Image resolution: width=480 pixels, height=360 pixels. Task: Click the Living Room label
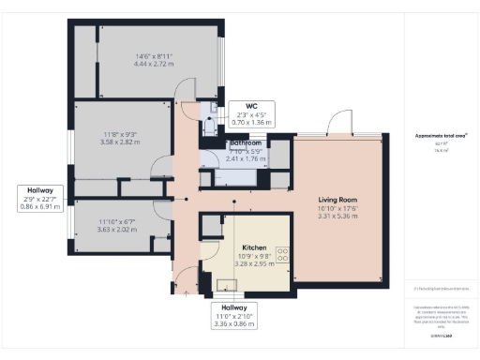pyautogui.click(x=334, y=199)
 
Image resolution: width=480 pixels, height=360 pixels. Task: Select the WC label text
pyautogui.click(x=251, y=106)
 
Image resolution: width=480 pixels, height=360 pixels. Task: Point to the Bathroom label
pyautogui.click(x=247, y=143)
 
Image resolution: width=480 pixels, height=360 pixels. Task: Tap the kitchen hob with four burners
pyautogui.click(x=283, y=252)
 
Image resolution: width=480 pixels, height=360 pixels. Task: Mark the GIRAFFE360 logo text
pyautogui.click(x=440, y=335)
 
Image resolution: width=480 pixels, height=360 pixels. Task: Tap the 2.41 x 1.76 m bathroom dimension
pyautogui.click(x=247, y=160)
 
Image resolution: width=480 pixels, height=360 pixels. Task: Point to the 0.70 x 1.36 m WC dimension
pyautogui.click(x=251, y=123)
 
